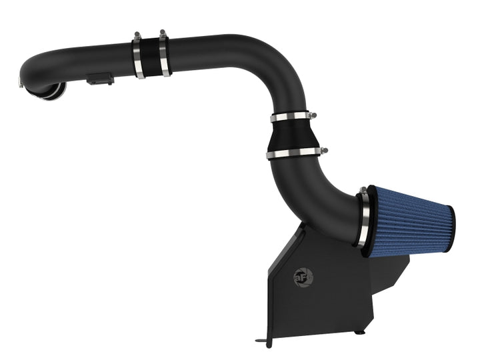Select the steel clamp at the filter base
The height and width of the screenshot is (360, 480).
364,217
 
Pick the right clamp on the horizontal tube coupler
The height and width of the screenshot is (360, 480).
164,53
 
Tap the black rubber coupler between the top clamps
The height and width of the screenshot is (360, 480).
151,55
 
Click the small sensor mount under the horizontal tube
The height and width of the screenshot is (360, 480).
99,80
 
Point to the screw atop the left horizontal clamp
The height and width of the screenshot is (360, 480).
136,34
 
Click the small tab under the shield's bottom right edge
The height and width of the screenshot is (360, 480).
360,331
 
